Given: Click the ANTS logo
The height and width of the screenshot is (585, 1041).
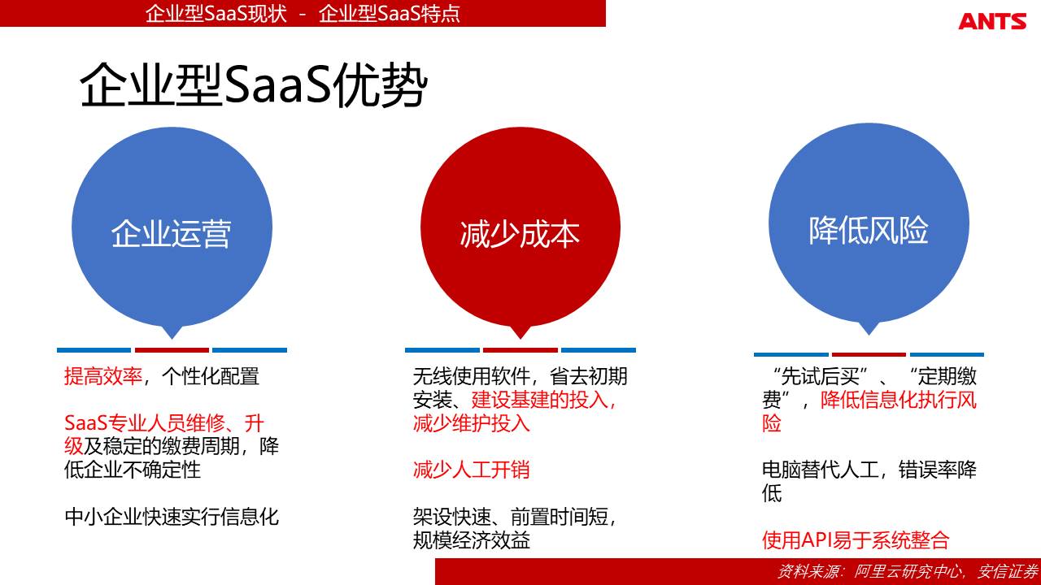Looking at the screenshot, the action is click(992, 21).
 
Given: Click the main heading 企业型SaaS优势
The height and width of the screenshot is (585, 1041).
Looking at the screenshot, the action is click(253, 85).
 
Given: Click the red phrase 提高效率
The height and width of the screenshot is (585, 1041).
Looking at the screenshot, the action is click(103, 376).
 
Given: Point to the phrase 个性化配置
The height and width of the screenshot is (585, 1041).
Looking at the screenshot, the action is click(211, 376).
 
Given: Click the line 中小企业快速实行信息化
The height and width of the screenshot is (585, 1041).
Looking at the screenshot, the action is click(172, 517).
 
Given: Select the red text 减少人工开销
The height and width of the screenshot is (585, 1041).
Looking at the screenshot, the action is click(471, 470).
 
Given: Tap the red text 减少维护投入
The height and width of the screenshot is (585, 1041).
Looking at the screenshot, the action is click(471, 423).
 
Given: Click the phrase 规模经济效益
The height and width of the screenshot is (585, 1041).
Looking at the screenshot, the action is click(471, 540).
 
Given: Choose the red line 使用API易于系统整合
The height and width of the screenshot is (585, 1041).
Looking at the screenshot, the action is click(856, 540).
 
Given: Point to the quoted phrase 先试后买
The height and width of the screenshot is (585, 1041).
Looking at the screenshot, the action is click(820, 376).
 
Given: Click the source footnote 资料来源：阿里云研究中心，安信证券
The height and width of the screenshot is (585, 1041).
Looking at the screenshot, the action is click(907, 571).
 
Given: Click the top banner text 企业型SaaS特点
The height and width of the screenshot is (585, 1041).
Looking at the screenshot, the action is click(389, 14).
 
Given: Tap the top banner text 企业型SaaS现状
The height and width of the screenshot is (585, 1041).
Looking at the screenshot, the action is click(216, 14).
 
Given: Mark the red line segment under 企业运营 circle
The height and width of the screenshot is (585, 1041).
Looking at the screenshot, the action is click(172, 350).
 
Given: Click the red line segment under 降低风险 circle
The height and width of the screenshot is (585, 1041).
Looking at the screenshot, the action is click(869, 355).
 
